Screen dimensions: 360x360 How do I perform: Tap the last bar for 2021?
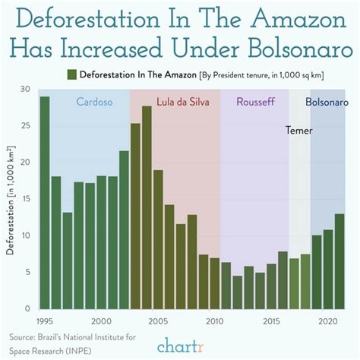339,261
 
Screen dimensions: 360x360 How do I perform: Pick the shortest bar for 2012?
237,292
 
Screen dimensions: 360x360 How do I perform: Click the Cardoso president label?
96,102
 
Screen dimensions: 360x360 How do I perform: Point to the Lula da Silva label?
183,102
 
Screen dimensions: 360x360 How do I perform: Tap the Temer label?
298,130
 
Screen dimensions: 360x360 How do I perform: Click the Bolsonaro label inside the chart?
327,102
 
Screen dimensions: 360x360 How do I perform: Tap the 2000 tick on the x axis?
102,321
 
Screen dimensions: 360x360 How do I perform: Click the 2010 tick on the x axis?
215,321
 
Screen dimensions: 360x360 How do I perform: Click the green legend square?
71,74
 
